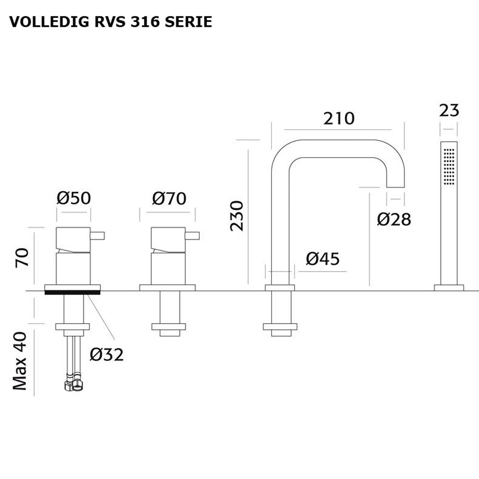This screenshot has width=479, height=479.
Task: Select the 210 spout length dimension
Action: point(339,118)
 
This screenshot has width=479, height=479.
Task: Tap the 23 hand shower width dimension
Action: point(449,111)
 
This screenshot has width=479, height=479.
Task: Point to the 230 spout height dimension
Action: point(237,216)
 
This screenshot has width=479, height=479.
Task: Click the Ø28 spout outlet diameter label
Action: point(394,219)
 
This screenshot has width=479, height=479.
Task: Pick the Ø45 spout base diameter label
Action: point(322,259)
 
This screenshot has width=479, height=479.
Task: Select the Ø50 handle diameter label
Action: point(73,198)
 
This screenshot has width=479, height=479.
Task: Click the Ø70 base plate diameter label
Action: point(169,198)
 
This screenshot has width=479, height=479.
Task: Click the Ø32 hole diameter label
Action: point(107,354)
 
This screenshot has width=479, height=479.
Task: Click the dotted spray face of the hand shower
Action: point(449,166)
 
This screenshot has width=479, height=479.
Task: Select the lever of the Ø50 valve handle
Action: point(98,236)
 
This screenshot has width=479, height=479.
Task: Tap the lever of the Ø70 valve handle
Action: point(193,236)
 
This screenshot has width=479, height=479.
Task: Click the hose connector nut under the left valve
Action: point(73,386)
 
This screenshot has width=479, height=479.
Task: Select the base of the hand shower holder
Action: point(449,287)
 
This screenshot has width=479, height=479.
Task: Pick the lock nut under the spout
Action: point(280,327)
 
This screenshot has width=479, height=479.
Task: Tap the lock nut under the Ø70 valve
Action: point(169,327)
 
